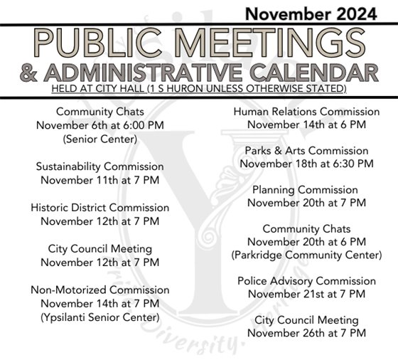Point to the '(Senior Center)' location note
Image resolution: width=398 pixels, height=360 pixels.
click(100, 139)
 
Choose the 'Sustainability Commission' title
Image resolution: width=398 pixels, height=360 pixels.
click(100, 166)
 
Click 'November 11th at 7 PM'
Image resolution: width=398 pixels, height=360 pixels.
click(100, 179)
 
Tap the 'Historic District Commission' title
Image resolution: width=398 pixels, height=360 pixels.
click(100, 208)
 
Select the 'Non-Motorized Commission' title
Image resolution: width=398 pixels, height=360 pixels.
click(100, 290)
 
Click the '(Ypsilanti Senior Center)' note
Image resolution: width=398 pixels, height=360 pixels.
click(100, 317)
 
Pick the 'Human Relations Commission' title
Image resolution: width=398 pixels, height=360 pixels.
click(306, 112)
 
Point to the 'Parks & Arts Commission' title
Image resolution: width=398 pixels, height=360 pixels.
click(306, 151)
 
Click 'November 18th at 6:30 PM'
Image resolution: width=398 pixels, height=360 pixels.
click(306, 164)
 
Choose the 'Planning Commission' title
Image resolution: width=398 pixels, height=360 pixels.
click(306, 190)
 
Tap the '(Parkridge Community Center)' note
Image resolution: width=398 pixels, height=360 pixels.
click(306, 255)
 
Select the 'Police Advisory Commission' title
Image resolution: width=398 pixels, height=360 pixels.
click(306, 281)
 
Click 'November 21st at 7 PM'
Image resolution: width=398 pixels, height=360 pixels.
click(306, 294)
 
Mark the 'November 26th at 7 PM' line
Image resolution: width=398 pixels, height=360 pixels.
click(306, 333)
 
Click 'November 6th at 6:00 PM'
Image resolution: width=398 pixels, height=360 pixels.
click(100, 125)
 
